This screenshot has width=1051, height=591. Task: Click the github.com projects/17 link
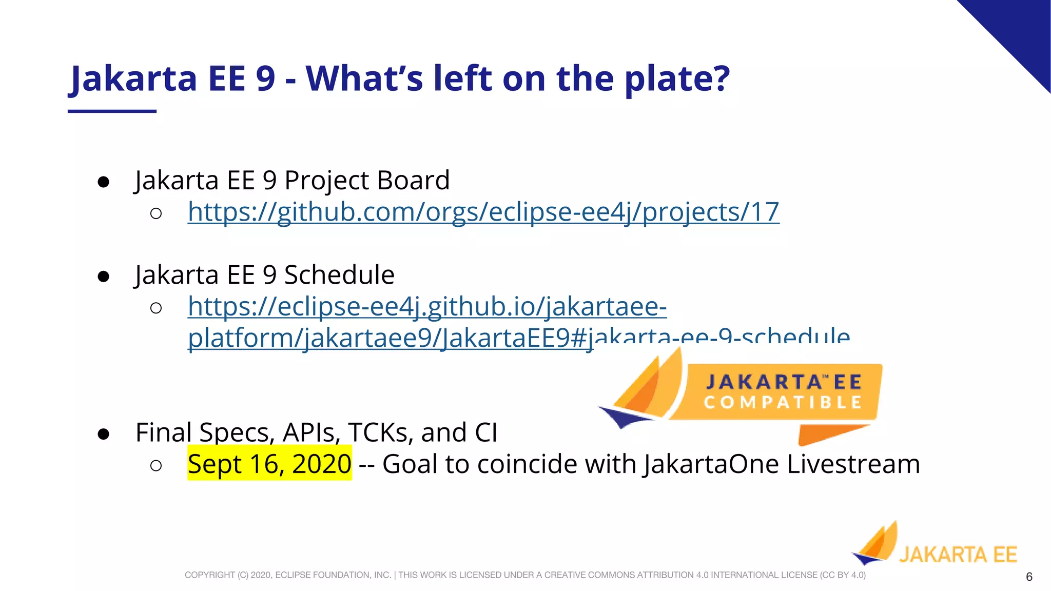pyautogui.click(x=483, y=212)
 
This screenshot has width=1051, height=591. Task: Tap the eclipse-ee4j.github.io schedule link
pyautogui.click(x=427, y=307)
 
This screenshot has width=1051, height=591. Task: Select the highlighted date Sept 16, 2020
pyautogui.click(x=269, y=464)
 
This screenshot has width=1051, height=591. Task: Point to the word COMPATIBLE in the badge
pyautogui.click(x=783, y=402)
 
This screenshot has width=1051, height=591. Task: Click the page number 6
pyautogui.click(x=1028, y=577)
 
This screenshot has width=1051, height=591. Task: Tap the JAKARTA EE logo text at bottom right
pyautogui.click(x=958, y=555)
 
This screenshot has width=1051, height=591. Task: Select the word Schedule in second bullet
pyautogui.click(x=339, y=275)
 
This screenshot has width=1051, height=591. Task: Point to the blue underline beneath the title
pyautogui.click(x=112, y=111)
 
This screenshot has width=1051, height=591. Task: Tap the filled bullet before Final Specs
pyautogui.click(x=104, y=434)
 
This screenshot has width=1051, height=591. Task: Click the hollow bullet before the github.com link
pyautogui.click(x=156, y=213)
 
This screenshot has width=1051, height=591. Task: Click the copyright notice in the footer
pyautogui.click(x=524, y=575)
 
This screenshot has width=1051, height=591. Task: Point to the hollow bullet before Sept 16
pyautogui.click(x=156, y=465)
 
